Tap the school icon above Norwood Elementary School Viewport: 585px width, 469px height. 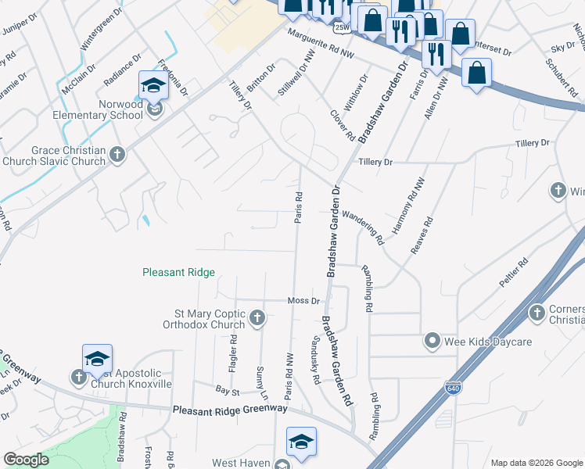(153, 84)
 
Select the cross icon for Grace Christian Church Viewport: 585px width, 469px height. (117, 154)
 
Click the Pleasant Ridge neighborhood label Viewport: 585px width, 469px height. (178, 273)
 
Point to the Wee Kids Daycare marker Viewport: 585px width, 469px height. (431, 341)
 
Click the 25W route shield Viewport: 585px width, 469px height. (341, 27)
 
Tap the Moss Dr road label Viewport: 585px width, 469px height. (304, 301)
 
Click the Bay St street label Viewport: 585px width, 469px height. (227, 388)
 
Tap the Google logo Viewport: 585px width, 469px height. (27, 460)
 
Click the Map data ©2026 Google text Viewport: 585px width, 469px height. (536, 463)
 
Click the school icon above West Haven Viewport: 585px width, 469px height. (301, 442)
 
